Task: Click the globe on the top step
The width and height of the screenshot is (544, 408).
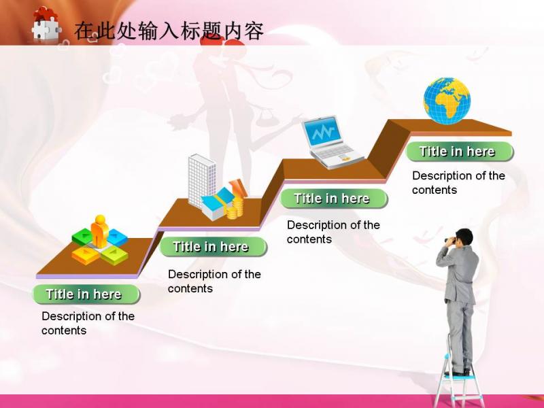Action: [447, 101]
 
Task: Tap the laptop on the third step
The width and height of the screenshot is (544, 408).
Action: [331, 142]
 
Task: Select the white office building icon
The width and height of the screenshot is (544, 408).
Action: [201, 181]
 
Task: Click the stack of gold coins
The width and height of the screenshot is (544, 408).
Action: [235, 207]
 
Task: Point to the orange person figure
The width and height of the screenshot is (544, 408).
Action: [99, 231]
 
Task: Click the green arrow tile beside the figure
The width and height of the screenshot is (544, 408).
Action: [82, 237]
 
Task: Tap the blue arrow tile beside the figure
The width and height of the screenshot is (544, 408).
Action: [117, 237]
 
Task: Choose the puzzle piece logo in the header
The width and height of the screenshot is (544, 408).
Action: [46, 24]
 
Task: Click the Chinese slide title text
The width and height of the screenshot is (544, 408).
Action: [169, 31]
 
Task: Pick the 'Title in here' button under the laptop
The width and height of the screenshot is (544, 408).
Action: [333, 199]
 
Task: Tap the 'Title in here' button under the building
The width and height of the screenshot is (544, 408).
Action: [213, 247]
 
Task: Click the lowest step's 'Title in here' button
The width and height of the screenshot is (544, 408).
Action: [86, 294]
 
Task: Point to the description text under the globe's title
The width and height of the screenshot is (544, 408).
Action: [458, 182]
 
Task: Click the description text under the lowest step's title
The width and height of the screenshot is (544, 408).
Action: [88, 323]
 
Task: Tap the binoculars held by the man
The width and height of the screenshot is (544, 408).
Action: [451, 240]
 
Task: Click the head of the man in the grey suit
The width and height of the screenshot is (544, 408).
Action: [464, 237]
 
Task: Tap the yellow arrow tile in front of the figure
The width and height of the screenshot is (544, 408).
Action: [86, 256]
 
